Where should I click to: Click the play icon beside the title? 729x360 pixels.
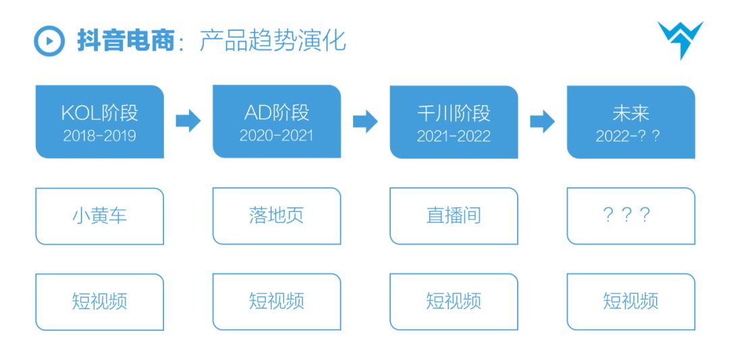tap(49, 41)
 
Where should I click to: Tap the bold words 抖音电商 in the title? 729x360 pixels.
tap(125, 42)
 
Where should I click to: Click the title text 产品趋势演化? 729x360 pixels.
tap(273, 42)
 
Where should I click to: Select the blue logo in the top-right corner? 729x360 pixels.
tap(680, 40)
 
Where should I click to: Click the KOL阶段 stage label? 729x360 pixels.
tap(99, 113)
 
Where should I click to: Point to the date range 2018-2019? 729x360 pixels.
tap(99, 135)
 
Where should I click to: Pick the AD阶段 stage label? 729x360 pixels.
tap(277, 113)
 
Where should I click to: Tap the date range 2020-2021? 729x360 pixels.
tap(277, 135)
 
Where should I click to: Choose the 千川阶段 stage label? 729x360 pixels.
tap(454, 114)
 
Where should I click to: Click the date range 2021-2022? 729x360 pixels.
tap(454, 136)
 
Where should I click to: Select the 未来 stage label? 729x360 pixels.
tap(631, 114)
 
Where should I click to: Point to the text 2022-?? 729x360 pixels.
tap(628, 136)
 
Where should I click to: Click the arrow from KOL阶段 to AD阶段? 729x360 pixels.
tap(188, 122)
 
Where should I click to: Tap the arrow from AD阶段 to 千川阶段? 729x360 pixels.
tap(365, 122)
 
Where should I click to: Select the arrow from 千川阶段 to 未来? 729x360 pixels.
tap(543, 122)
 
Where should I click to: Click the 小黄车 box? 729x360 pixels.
tap(99, 216)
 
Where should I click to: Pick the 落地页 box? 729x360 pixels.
tap(277, 216)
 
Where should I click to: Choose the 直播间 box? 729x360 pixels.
tap(454, 216)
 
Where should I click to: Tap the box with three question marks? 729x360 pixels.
tap(631, 216)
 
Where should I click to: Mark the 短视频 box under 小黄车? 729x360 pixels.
tap(99, 302)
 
